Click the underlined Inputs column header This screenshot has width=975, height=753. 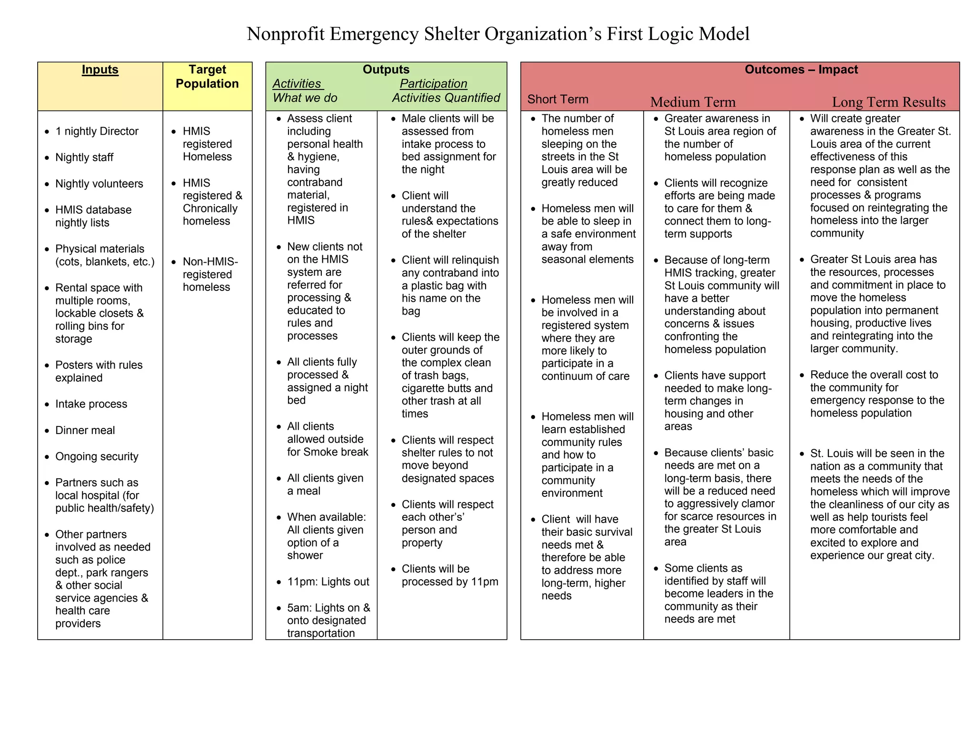tap(100, 69)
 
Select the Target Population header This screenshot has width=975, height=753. tap(207, 77)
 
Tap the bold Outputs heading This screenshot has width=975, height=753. tap(386, 69)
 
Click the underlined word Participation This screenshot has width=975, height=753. tap(433, 84)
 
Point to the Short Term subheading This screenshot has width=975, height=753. tap(557, 99)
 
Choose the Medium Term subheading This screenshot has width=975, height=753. tap(693, 102)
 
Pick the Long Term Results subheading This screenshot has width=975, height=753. tap(888, 102)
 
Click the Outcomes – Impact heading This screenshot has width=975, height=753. tap(801, 69)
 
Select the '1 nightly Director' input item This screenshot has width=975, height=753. tap(97, 131)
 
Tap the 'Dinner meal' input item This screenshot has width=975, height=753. tap(85, 430)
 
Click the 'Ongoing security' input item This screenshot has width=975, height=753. tap(97, 456)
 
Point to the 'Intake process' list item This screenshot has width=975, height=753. tap(91, 404)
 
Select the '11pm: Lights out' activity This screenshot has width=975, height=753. tap(328, 582)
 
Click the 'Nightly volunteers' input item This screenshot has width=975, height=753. tap(99, 184)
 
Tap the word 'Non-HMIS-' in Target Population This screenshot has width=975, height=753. tap(210, 262)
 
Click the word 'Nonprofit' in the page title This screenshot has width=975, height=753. tap(286, 34)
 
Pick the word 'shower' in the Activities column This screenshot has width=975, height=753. tap(305, 555)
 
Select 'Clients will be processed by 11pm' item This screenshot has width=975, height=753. tap(449, 575)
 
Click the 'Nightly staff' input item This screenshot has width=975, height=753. tap(84, 158)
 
